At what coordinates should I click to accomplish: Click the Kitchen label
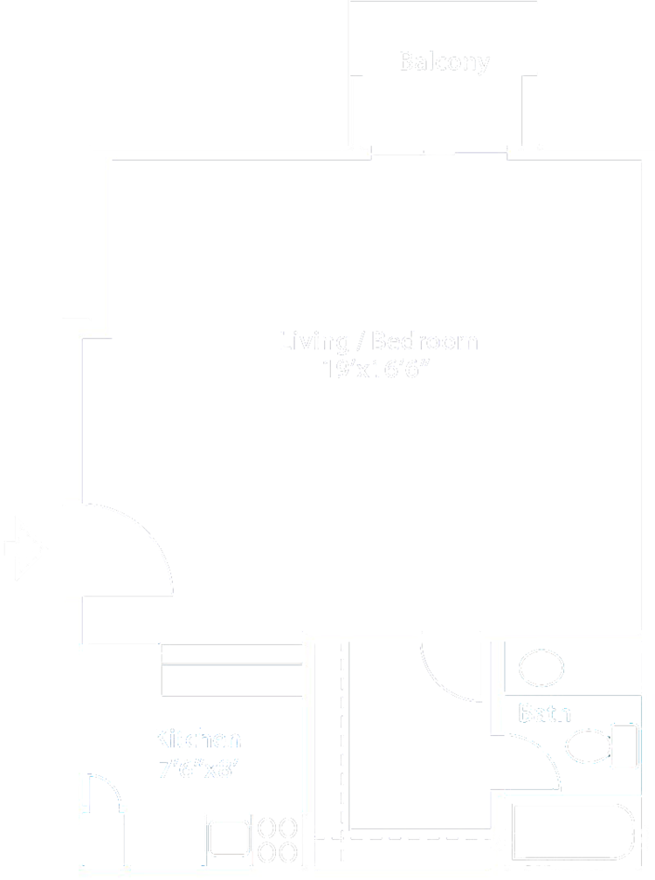pyautogui.click(x=197, y=740)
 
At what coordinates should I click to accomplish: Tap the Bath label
pyautogui.click(x=545, y=713)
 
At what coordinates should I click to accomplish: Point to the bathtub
pyautogui.click(x=573, y=833)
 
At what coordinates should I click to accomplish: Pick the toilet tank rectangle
pyautogui.click(x=625, y=747)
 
